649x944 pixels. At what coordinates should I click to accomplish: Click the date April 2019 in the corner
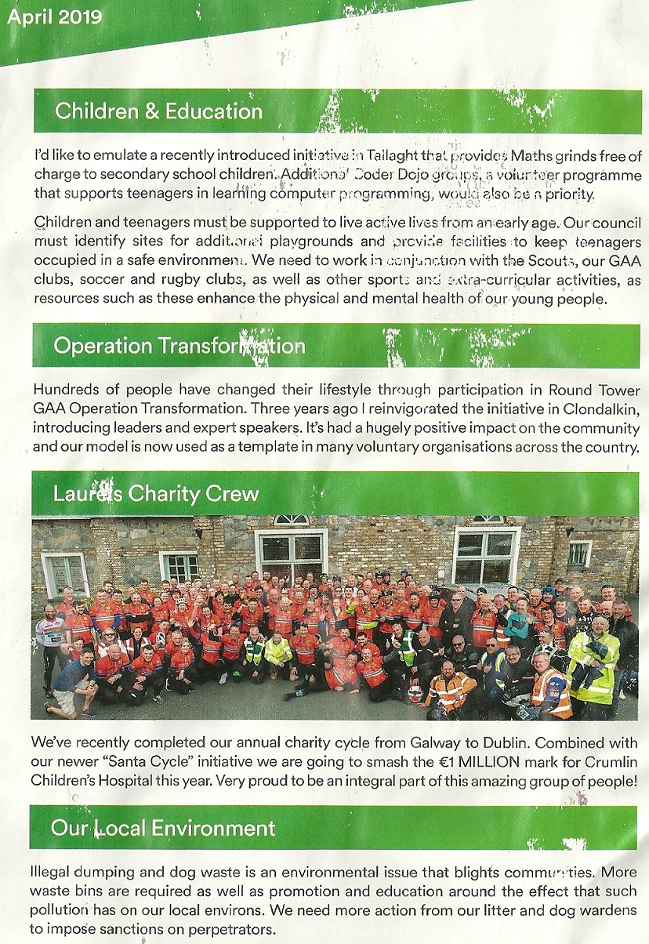point(54,16)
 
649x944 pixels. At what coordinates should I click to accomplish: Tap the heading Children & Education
point(158,111)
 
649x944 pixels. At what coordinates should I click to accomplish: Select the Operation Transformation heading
point(179,346)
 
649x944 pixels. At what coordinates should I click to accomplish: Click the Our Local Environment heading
point(163,827)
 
